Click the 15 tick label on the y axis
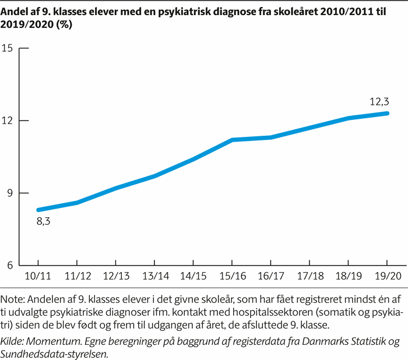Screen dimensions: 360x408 [8, 48]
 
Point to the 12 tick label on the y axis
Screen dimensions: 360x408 [8, 121]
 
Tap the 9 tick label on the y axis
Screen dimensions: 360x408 [9, 193]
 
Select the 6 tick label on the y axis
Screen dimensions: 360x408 [9, 266]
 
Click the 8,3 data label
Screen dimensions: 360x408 [44, 222]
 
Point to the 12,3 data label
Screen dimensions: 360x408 [379, 101]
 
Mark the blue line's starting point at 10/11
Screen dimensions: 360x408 [38, 210]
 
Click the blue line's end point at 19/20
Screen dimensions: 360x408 [388, 113]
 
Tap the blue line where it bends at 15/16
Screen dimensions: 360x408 [233, 140]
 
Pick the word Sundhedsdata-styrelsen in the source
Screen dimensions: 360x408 [55, 352]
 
